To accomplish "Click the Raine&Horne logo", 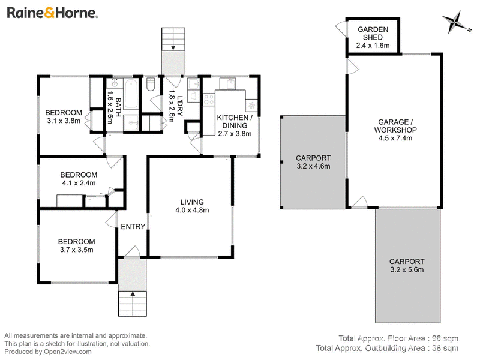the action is tap(52, 13).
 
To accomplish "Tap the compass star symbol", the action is tap(455, 22).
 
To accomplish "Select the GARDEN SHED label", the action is tap(373, 34).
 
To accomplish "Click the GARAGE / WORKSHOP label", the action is tap(395, 126).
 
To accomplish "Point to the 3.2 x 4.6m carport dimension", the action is tap(313, 166).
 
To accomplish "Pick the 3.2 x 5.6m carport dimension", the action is tap(407, 269).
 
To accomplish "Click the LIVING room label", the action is tap(192, 202).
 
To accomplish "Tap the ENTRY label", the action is tap(133, 227).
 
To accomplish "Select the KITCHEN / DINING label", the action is tap(235, 122).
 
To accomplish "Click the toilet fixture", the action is tap(151, 84).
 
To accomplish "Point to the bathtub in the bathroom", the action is tap(131, 94).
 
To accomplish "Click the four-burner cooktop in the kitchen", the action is tap(209, 100).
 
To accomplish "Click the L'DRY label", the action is tap(179, 106).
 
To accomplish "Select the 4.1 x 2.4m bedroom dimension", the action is tap(79, 183).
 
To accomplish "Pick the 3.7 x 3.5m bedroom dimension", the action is tap(77, 250).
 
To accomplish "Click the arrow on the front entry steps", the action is tap(133, 294).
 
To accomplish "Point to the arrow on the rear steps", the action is tap(173, 47).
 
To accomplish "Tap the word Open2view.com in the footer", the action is tap(68, 352).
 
